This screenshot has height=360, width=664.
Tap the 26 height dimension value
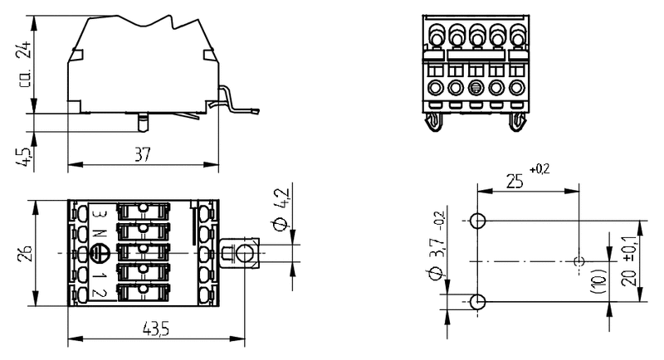coord(24,252)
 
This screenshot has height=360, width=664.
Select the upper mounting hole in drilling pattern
coord(477,221)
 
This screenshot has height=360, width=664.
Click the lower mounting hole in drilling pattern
coord(477,301)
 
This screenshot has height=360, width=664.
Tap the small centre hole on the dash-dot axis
coord(579,261)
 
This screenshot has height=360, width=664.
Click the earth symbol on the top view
coord(98,252)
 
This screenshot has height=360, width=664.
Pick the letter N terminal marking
coord(98,233)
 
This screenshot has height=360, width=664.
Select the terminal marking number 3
coord(98,216)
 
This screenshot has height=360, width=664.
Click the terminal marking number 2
coord(98,292)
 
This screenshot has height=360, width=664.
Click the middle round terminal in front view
coord(476,87)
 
